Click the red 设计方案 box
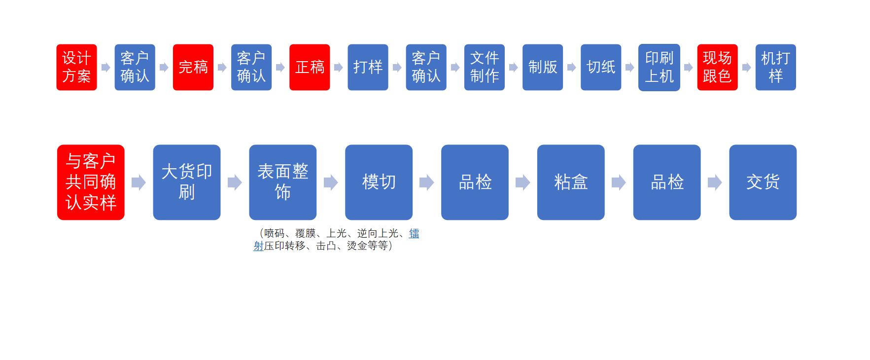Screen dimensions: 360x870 [76, 67]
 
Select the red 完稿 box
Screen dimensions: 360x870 [193, 67]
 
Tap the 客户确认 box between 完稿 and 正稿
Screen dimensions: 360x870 [251, 67]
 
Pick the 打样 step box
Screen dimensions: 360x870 [368, 67]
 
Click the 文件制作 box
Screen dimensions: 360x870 [484, 67]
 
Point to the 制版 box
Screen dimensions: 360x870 [542, 67]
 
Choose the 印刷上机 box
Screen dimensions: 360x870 [659, 67]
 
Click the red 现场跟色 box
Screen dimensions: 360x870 [717, 67]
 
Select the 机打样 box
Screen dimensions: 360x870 [775, 67]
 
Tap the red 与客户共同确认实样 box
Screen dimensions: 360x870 [91, 182]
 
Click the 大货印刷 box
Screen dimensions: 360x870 [186, 182]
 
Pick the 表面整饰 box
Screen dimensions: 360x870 [282, 182]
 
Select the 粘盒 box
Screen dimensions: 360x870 [571, 182]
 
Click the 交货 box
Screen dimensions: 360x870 [763, 182]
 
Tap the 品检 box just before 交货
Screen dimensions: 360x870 [666, 182]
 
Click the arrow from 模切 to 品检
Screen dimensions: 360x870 [426, 182]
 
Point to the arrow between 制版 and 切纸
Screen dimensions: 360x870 [571, 67]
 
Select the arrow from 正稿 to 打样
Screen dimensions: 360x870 [338, 67]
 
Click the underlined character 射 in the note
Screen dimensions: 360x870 [258, 246]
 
